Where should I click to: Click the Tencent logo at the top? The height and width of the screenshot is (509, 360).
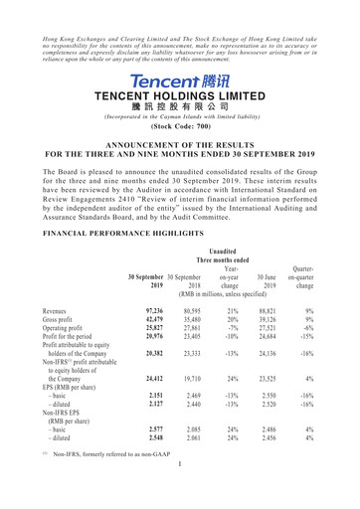point(180,79)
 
